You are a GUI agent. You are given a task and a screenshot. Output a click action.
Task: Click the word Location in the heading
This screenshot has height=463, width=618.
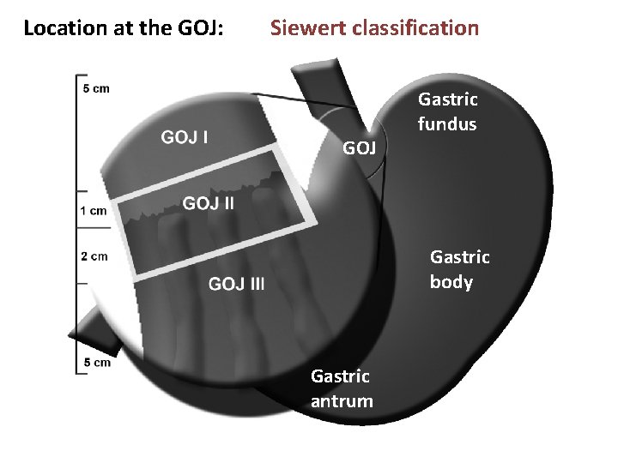coord(62,28)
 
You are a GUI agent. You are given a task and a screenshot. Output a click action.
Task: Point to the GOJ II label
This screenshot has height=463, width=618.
coord(208,203)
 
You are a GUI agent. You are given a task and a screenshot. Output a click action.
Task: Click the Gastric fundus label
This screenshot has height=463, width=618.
coord(447,111)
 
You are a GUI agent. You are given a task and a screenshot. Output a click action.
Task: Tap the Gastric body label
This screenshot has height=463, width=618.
coord(459,269)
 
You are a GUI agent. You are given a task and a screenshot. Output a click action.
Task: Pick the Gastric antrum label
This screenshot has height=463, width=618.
coord(342,388)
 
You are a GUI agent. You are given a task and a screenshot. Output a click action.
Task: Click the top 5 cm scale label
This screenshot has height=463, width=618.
coord(96,87)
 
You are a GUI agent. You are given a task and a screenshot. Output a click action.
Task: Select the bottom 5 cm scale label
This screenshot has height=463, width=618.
coord(96,362)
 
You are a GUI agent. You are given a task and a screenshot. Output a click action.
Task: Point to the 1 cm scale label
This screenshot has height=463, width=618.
coord(94,210)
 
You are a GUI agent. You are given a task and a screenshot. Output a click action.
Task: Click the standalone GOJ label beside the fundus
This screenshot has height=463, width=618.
coord(360,148)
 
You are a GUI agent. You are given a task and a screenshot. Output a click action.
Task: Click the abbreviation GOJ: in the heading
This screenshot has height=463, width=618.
coord(199,28)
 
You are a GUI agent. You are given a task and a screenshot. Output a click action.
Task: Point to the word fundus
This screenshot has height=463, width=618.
coord(447,123)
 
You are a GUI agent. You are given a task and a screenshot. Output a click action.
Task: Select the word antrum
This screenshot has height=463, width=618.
coord(342,400)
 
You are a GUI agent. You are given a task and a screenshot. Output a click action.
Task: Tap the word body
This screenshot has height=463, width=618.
coord(451,281)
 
